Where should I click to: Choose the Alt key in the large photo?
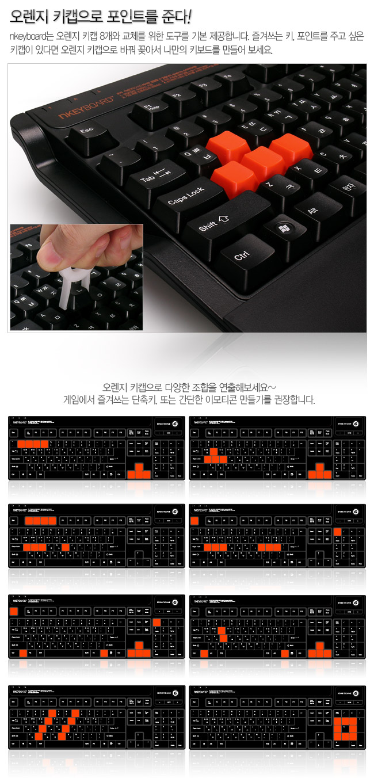coord(312,211)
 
